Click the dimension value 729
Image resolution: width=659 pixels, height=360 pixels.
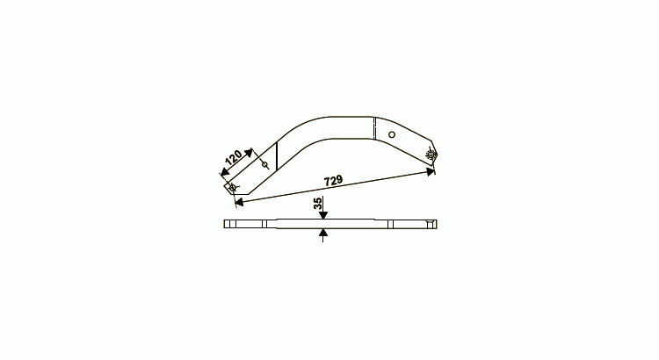[x=333, y=181]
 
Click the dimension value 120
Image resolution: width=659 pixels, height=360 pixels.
[x=234, y=157]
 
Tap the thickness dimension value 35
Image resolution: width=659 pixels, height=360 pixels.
[x=318, y=204]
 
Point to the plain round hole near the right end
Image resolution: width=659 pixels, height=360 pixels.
[x=392, y=134]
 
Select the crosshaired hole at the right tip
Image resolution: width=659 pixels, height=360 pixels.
[x=431, y=155]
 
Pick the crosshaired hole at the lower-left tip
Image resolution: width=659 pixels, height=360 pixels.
[x=232, y=187]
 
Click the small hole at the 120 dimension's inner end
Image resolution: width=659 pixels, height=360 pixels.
[x=264, y=164]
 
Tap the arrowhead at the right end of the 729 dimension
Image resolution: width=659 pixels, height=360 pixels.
[x=431, y=171]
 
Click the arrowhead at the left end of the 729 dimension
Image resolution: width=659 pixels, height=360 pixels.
[x=239, y=203]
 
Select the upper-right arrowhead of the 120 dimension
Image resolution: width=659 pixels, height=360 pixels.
[x=249, y=153]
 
